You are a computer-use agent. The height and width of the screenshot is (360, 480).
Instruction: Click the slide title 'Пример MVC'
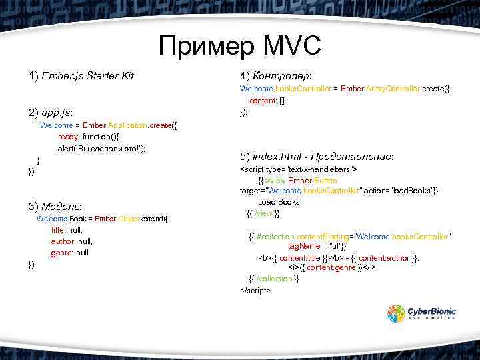click(240, 46)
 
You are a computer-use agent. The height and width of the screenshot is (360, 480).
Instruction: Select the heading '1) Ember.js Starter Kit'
click(81, 76)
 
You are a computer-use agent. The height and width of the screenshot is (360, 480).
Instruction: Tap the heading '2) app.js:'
click(51, 111)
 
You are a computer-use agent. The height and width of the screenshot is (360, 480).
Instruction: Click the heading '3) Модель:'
click(55, 205)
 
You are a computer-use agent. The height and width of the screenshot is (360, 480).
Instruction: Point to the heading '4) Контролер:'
click(276, 75)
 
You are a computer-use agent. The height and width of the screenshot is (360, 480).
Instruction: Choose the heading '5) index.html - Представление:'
click(316, 156)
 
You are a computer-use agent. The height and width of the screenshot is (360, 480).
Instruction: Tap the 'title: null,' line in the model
click(67, 229)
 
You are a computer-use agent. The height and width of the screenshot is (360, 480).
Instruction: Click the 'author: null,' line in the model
click(72, 241)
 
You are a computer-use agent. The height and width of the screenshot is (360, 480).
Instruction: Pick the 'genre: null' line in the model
click(69, 253)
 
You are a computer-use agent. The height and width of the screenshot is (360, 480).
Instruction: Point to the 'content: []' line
click(267, 101)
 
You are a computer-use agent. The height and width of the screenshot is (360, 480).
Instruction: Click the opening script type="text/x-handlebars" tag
click(298, 169)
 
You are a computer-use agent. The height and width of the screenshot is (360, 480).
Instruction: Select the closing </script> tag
click(255, 291)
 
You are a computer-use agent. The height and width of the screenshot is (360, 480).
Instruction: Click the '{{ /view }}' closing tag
click(263, 213)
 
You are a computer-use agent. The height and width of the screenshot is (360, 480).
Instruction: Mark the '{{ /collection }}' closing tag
click(273, 279)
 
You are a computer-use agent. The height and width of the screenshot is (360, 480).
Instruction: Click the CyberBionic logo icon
click(397, 313)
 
